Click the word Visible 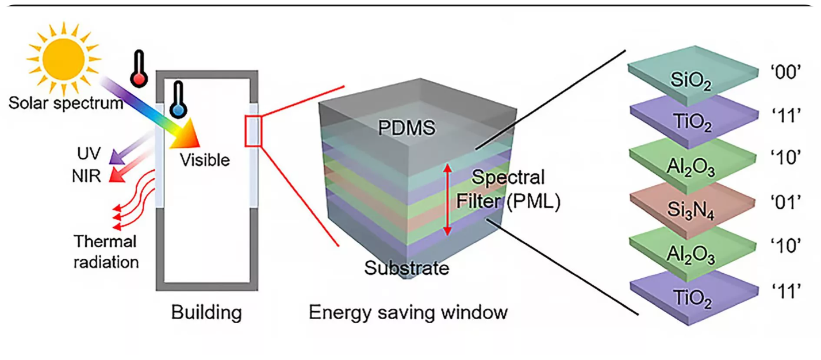click(x=205, y=159)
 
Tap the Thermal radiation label click(x=106, y=251)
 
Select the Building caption click(x=206, y=313)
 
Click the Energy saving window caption click(x=408, y=312)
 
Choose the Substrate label click(x=406, y=267)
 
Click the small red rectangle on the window click(x=254, y=131)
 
